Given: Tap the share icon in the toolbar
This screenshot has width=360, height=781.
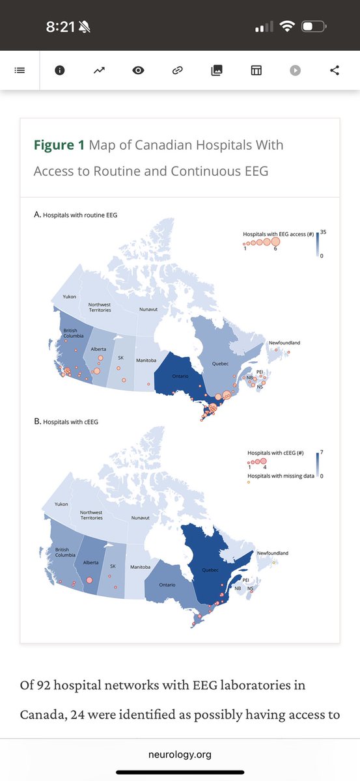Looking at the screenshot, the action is coord(335,70).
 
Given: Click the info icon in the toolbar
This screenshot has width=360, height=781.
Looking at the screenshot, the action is coord(60,70).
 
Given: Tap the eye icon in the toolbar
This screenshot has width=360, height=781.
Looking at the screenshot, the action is coord(138,70).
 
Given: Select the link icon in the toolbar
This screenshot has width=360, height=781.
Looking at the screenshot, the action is coord(178,70).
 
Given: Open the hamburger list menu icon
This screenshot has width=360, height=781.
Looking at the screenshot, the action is coord(20,70).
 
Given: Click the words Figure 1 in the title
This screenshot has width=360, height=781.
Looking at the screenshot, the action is coord(59,145).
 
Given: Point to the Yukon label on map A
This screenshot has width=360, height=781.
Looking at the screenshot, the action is coord(70,297).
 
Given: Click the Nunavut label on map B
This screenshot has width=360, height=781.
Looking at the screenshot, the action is coord(140,518).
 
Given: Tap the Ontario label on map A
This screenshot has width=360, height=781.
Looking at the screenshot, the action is coord(180,376).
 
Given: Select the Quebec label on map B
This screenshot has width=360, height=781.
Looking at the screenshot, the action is coord(210,570).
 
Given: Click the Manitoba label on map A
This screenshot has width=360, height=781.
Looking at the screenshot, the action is coord(146,360).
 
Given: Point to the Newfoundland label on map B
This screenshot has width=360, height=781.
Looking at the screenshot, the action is coord(273,553).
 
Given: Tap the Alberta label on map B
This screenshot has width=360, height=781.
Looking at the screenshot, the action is coord(90,562).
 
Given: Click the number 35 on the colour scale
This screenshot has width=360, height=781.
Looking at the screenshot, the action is coord(324,232).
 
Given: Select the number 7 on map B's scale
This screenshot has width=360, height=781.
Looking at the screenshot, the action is coord(322,452).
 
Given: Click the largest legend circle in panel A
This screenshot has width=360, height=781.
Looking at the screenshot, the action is coord(275,241).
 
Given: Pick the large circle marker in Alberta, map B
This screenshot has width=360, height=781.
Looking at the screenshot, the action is coord(89,580).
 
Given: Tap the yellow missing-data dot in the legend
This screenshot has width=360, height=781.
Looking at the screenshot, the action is coord(249,482).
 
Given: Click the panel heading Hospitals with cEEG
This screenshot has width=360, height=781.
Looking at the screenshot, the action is coord(70,422).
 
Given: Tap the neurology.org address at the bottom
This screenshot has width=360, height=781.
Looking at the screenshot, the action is coord(180,755).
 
